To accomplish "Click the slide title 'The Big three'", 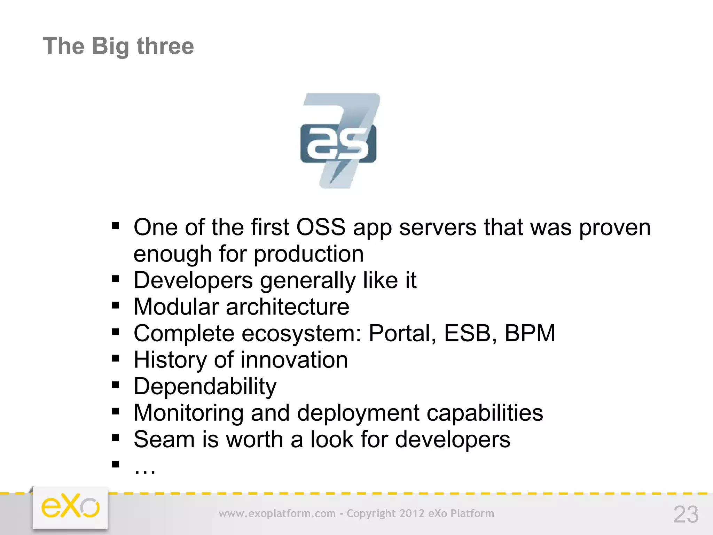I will click(118, 46).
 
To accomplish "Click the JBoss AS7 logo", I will click(339, 141).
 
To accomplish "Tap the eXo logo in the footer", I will click(70, 507).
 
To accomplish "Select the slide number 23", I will click(686, 514).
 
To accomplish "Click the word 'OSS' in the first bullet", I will click(321, 227).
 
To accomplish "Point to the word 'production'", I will click(308, 254).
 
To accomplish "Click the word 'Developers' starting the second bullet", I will click(193, 280).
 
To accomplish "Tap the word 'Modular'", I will click(176, 307).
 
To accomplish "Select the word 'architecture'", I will click(288, 307).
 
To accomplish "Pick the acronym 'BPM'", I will click(530, 333).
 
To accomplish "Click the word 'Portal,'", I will click(402, 333).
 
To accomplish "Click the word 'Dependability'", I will click(205, 387).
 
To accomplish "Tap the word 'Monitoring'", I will click(188, 413).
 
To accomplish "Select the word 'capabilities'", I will click(485, 413).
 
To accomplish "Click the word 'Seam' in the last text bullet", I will click(164, 439).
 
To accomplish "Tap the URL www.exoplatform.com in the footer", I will click(277, 513).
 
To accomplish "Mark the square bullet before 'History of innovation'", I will click(116, 358).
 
